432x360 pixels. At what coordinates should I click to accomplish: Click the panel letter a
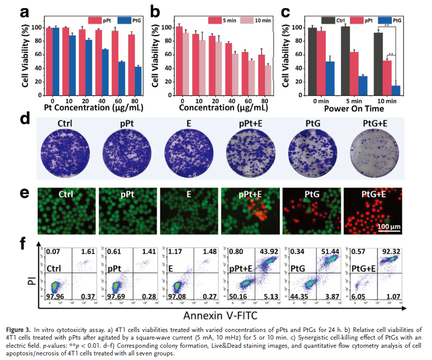coord(23,12)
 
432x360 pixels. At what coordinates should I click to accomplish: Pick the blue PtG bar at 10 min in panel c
coord(395,89)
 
